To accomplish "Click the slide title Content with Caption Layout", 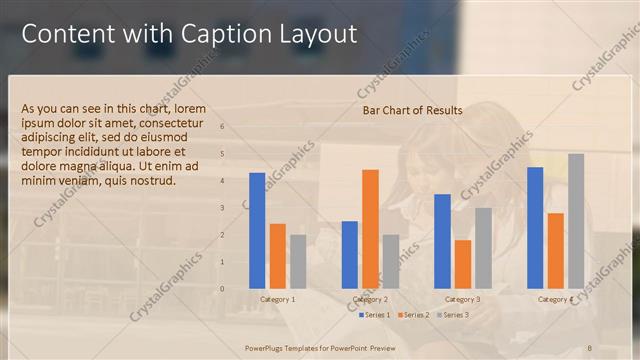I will click(x=189, y=34).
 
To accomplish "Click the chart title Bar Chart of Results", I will click(x=412, y=110).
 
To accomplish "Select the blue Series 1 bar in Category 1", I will click(x=257, y=230).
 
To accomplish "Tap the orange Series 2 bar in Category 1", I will click(x=277, y=255).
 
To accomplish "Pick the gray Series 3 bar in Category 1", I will click(x=298, y=261).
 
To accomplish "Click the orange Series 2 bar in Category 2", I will click(x=370, y=228).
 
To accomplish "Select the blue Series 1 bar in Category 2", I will click(x=350, y=254).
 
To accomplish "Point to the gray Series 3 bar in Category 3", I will click(x=483, y=247).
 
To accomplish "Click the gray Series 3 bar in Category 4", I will click(x=576, y=220).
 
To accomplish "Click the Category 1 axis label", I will click(x=277, y=299).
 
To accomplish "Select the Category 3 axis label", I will click(x=463, y=299).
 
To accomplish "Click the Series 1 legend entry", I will click(x=377, y=315).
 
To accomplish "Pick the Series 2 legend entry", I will click(x=414, y=315).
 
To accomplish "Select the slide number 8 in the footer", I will click(x=589, y=347).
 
